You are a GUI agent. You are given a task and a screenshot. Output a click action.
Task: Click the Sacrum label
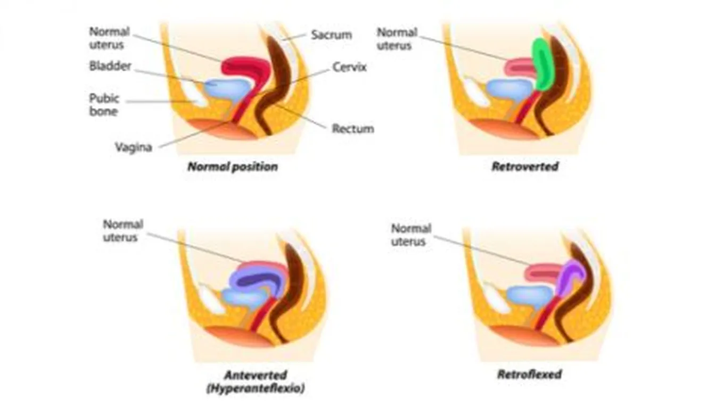click(331, 36)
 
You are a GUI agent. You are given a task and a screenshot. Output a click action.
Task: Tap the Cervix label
click(349, 68)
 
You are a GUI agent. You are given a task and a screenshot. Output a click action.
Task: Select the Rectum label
click(352, 129)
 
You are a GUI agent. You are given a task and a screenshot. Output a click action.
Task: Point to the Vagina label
click(133, 147)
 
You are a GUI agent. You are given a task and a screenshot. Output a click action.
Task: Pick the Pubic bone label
click(104, 105)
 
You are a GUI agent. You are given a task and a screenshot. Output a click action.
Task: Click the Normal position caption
click(233, 167)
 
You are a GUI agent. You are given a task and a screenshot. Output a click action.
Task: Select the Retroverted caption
click(524, 167)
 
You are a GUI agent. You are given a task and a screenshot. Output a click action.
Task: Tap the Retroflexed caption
click(529, 374)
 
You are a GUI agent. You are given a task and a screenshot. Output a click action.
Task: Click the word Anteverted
click(256, 375)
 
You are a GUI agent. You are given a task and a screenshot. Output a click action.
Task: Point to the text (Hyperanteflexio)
click(256, 388)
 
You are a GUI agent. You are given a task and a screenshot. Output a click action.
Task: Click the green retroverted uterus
click(544, 64)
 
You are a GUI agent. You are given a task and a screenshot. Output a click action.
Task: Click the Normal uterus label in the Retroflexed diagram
click(411, 235)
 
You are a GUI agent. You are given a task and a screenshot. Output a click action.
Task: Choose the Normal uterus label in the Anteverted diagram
click(123, 230)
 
